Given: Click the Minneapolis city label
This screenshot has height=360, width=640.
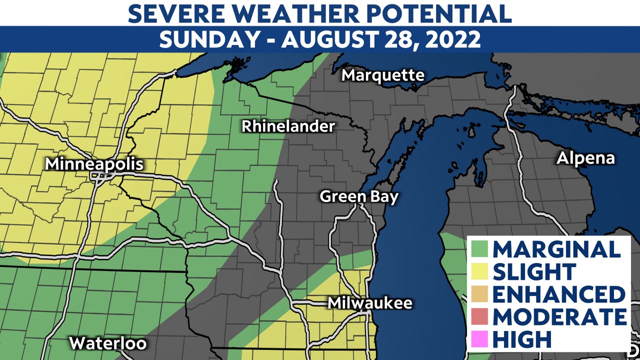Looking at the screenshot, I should point(94,164).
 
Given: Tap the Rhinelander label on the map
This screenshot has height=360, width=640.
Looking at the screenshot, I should point(288,126).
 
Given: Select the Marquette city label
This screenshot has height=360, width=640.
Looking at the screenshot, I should point(383,75).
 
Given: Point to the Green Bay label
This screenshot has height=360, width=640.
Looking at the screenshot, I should point(359,196).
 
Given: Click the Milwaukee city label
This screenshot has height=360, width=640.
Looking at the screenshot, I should point(369,303).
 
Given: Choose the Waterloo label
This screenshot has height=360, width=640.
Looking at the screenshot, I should point(107,343).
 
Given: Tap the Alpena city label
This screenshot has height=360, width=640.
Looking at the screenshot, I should point(585,158).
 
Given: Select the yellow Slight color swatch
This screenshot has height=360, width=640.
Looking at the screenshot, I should point(480,272).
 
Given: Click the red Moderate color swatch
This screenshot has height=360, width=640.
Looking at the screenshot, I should point(480,317).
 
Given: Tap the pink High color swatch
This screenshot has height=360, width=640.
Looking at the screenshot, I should point(480,339).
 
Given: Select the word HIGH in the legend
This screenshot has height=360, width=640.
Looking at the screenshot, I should point(522,339).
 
